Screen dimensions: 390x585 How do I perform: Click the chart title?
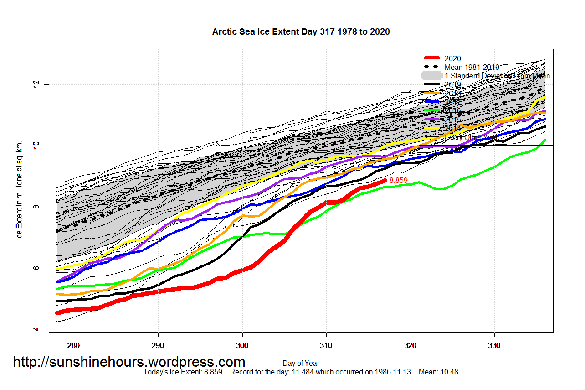click(x=301, y=32)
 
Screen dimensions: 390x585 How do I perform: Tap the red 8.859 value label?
click(x=398, y=181)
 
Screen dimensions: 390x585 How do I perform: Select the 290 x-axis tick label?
click(x=158, y=345)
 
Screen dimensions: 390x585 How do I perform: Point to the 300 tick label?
click(x=242, y=345)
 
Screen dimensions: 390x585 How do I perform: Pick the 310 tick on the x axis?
click(x=326, y=345)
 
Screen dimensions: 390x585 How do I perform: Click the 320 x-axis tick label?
click(x=411, y=345)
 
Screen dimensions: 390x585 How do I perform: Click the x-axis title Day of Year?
click(x=301, y=364)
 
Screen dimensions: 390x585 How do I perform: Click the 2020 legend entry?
click(x=453, y=58)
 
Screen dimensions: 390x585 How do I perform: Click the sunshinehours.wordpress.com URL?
click(x=129, y=362)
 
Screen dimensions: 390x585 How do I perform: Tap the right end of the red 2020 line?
click(x=385, y=181)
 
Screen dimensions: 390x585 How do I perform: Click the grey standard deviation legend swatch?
click(x=432, y=76)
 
